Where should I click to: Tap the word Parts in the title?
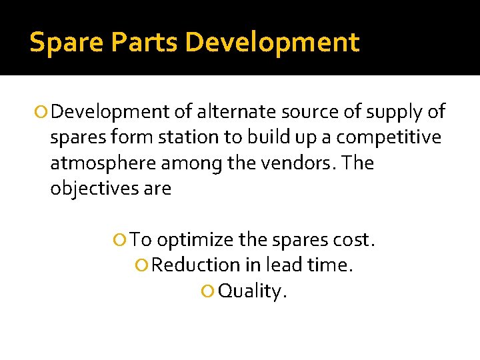147,43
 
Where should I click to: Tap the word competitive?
389,138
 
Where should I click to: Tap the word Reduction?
195,265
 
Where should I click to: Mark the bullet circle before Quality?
208,291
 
